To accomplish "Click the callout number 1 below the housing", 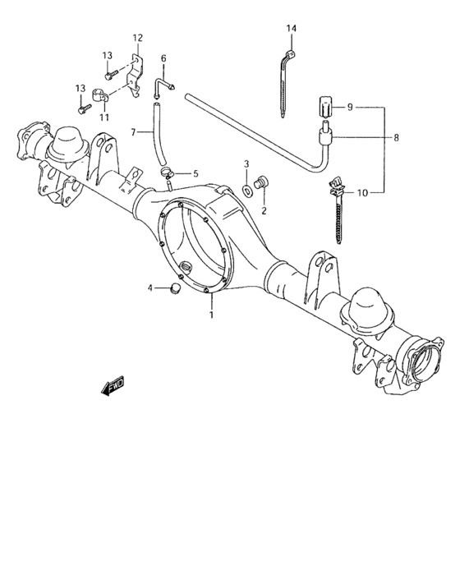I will pyautogui.click(x=212, y=313).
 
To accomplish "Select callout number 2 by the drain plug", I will pyautogui.click(x=264, y=210).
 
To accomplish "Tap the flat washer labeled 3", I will pyautogui.click(x=246, y=191).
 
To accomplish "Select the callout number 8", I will pyautogui.click(x=396, y=138).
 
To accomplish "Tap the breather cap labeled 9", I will pyautogui.click(x=325, y=107).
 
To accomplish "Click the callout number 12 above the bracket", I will pyautogui.click(x=137, y=38).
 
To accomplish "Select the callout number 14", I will pyautogui.click(x=291, y=29).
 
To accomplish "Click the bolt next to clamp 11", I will pyautogui.click(x=83, y=107).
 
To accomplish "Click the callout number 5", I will pyautogui.click(x=195, y=173).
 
